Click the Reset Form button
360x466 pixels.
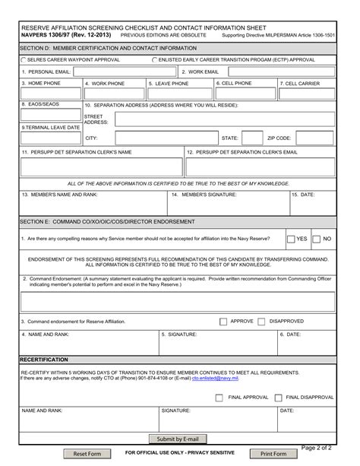(86, 454)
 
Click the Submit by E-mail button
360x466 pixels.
(176, 439)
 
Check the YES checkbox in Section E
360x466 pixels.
(292, 239)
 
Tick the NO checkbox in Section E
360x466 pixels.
(317, 239)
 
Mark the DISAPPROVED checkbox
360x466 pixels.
(261, 321)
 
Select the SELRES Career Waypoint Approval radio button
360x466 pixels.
(24, 59)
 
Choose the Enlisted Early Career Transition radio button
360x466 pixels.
(155, 59)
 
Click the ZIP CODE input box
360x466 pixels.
(314, 138)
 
